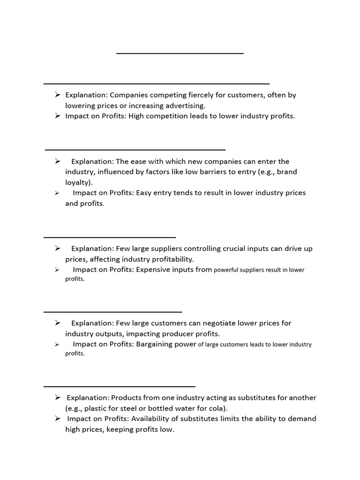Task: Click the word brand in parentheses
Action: (287, 172)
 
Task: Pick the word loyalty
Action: (78, 182)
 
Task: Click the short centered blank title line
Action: (180, 53)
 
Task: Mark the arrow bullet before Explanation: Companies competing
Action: (57, 95)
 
